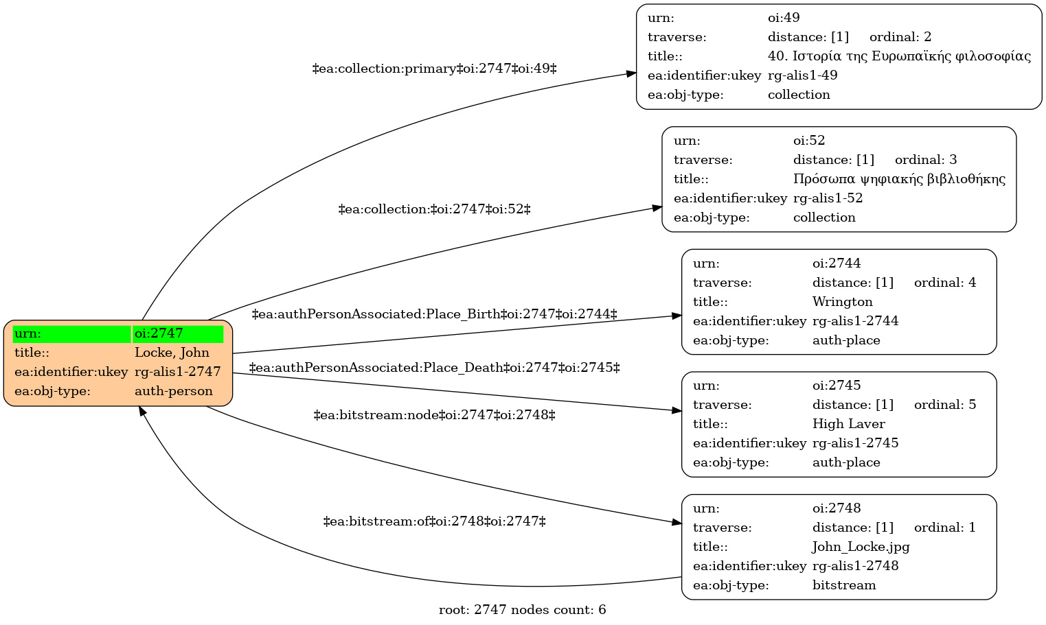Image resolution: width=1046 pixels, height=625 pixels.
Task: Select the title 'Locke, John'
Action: coord(172,353)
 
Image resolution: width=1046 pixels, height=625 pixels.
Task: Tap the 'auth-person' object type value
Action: coord(174,391)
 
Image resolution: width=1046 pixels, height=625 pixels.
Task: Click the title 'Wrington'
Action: coord(843,302)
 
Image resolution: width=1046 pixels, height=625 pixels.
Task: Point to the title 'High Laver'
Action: coord(848,424)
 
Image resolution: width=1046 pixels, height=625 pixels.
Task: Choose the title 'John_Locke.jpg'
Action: coord(861,547)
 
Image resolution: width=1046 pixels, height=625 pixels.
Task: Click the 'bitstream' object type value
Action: coord(844,585)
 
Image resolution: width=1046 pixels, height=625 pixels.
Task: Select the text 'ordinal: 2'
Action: coord(900,37)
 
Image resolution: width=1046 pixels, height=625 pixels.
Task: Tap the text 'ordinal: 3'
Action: coord(926,160)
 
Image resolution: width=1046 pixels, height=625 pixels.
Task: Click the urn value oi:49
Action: coord(784,18)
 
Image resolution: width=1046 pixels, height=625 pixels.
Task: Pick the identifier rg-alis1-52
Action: coord(828,198)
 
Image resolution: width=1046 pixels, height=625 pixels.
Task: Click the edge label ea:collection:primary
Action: coord(434,69)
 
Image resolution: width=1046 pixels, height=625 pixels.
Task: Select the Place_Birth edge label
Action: coord(434,314)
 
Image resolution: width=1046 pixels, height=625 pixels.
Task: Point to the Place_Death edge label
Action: coord(434,368)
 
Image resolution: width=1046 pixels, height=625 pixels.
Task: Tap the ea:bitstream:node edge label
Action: coord(434,415)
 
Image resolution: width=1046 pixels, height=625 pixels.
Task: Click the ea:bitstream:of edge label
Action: coord(434,521)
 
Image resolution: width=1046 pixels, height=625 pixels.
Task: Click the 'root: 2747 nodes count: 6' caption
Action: coord(523,610)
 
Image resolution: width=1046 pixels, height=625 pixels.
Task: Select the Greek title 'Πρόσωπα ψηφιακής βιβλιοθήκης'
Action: coord(899,180)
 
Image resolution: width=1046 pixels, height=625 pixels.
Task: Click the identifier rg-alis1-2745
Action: coord(856,443)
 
